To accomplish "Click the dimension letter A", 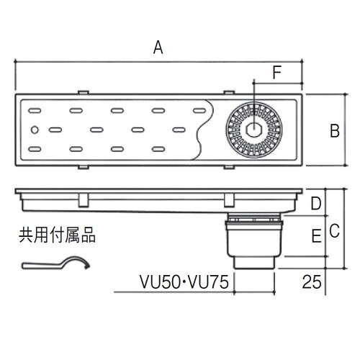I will click(159, 48).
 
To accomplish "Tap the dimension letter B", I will click(334, 131).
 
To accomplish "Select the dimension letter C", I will click(334, 230).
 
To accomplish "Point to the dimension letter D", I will click(315, 204).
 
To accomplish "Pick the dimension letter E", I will click(315, 235).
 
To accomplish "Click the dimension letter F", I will click(277, 72).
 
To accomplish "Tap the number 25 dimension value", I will click(311, 282).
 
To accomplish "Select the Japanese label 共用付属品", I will click(56, 234).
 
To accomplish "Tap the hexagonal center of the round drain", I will click(253, 130).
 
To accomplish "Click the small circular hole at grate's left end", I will click(36, 130).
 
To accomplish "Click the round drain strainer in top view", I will click(253, 130).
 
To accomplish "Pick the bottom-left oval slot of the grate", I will click(35, 149).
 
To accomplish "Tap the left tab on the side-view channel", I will click(84, 198).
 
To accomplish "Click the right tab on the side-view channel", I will click(228, 198).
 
